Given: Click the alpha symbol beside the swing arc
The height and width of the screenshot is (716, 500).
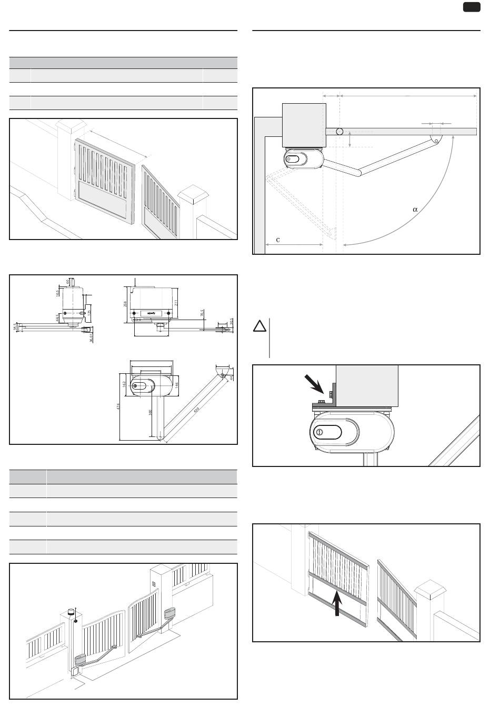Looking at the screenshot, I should click(415, 210).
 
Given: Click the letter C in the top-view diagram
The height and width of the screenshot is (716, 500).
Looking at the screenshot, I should click(278, 240).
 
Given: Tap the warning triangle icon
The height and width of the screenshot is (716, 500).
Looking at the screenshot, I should click(260, 326).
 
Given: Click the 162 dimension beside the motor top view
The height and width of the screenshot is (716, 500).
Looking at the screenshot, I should click(125, 385).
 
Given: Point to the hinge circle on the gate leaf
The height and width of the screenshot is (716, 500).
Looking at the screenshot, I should click(340, 132).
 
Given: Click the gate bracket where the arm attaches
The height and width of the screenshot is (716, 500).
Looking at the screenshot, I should click(435, 139).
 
